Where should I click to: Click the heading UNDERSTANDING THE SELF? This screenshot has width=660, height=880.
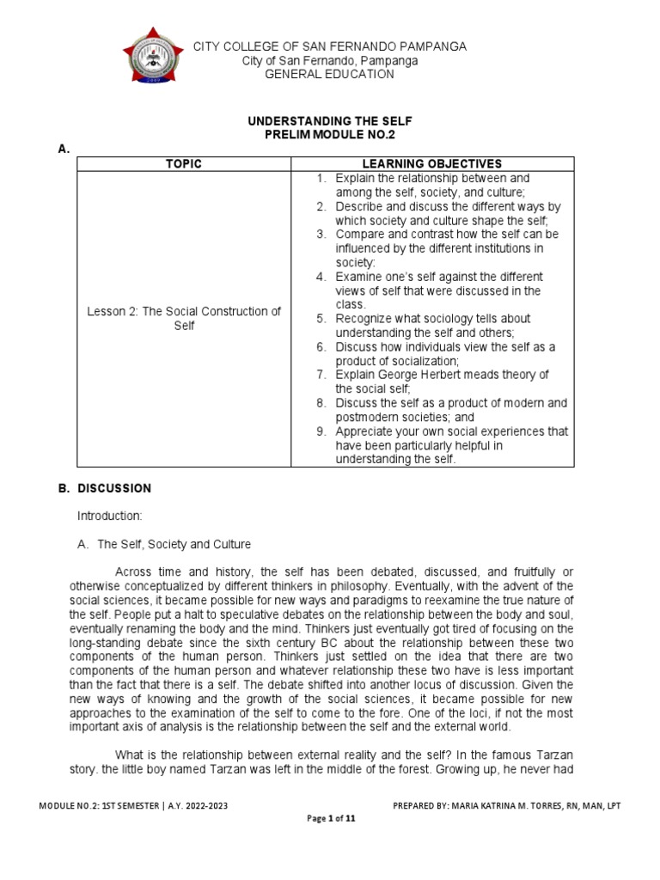point(330,122)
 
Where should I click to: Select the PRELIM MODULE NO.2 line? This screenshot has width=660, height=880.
point(330,136)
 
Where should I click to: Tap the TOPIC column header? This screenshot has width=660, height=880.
point(184,164)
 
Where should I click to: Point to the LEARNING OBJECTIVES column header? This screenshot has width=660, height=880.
point(433,164)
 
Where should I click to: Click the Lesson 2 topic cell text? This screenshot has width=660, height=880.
point(184,319)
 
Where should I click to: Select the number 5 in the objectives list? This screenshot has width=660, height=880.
point(320,319)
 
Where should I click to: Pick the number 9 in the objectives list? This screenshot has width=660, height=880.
point(320,431)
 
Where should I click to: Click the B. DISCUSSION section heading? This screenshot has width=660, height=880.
point(104,488)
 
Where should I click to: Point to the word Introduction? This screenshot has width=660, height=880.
point(109,516)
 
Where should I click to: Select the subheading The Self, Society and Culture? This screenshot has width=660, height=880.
point(174,544)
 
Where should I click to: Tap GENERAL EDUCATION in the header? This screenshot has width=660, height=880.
point(330,74)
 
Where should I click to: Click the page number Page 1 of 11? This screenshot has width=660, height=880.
point(331,818)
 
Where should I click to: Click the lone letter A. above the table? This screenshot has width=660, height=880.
point(63,150)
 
